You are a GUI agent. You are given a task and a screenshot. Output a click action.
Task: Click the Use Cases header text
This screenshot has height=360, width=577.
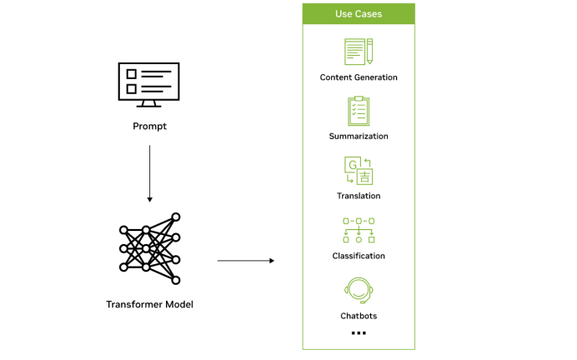359,14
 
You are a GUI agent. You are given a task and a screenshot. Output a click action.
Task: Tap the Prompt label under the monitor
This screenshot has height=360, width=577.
149,126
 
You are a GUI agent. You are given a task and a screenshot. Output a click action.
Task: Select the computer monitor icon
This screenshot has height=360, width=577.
149,85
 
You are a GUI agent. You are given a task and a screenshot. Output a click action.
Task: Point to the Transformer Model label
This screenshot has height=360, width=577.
149,304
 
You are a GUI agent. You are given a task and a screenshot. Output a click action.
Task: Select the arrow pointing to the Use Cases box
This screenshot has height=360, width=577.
246,261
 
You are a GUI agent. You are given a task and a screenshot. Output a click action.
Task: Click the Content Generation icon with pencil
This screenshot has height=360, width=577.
359,52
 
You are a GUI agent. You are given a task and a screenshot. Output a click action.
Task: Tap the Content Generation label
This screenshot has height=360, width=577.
359,77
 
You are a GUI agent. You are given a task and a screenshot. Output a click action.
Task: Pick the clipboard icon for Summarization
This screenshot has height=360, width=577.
359,111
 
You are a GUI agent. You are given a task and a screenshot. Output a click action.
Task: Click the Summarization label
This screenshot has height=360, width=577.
359,136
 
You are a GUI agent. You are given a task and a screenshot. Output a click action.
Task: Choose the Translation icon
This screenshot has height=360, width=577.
359,170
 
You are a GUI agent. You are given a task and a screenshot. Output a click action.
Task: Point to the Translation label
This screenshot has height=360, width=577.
359,196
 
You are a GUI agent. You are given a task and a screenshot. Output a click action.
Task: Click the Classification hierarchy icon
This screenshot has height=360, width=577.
359,229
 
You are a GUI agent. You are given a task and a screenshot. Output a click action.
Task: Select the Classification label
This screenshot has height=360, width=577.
359,256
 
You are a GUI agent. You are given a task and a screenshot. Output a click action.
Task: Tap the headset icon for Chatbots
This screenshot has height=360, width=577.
359,289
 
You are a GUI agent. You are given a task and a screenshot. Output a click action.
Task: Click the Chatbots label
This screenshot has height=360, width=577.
359,316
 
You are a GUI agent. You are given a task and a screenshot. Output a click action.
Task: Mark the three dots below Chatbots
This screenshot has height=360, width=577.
359,333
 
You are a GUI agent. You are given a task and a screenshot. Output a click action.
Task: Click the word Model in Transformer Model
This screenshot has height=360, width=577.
177,304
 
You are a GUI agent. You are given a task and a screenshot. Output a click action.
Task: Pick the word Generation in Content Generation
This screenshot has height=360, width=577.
377,77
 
